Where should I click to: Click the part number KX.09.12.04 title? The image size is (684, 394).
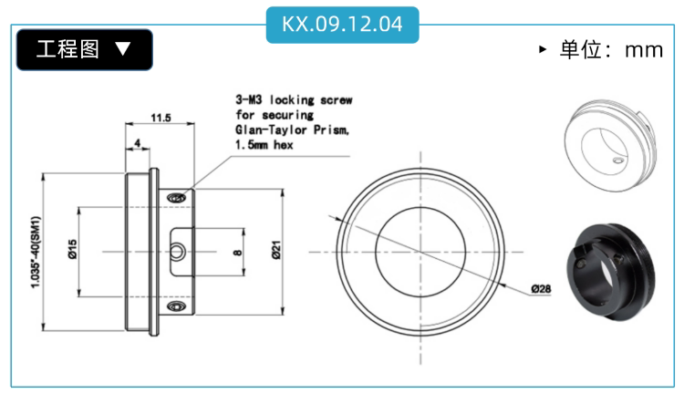[342, 24]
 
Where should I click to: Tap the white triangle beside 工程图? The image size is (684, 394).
[123, 48]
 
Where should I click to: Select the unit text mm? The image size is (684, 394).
[644, 50]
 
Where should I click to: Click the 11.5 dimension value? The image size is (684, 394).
[161, 118]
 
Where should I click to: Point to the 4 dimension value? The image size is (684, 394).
[138, 143]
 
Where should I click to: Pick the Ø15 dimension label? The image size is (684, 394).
[72, 249]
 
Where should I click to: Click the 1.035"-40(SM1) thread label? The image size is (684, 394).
[36, 252]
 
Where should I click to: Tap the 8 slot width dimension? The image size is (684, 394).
[237, 253]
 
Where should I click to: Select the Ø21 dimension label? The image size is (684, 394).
[276, 250]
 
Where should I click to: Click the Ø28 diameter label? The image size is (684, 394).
[541, 289]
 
